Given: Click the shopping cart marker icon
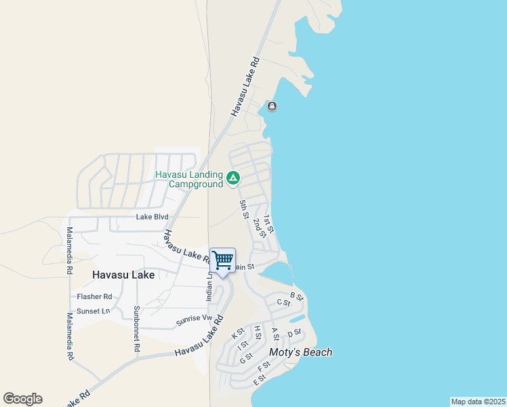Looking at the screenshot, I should point(222,260).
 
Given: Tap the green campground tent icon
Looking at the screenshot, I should point(232,178).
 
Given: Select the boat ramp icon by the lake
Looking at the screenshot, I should point(272,106).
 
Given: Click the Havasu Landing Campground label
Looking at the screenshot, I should point(189,179).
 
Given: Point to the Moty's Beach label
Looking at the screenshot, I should point(301,352).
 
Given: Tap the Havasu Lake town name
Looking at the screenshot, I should point(123,275).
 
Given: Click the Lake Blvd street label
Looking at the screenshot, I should point(152,217).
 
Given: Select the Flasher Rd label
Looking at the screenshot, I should point(94,297).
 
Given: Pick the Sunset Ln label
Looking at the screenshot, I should point(94,311).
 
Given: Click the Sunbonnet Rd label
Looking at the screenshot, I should point(137,328).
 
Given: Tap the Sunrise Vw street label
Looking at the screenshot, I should point(195,319).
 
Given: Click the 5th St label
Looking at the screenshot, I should point(244,209).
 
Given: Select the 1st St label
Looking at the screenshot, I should point(268,224).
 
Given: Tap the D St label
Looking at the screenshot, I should point(294,333).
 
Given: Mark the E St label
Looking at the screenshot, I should point(258,381).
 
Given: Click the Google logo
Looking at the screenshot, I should point(22,399).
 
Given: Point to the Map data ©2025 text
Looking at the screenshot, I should point(478,402).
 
